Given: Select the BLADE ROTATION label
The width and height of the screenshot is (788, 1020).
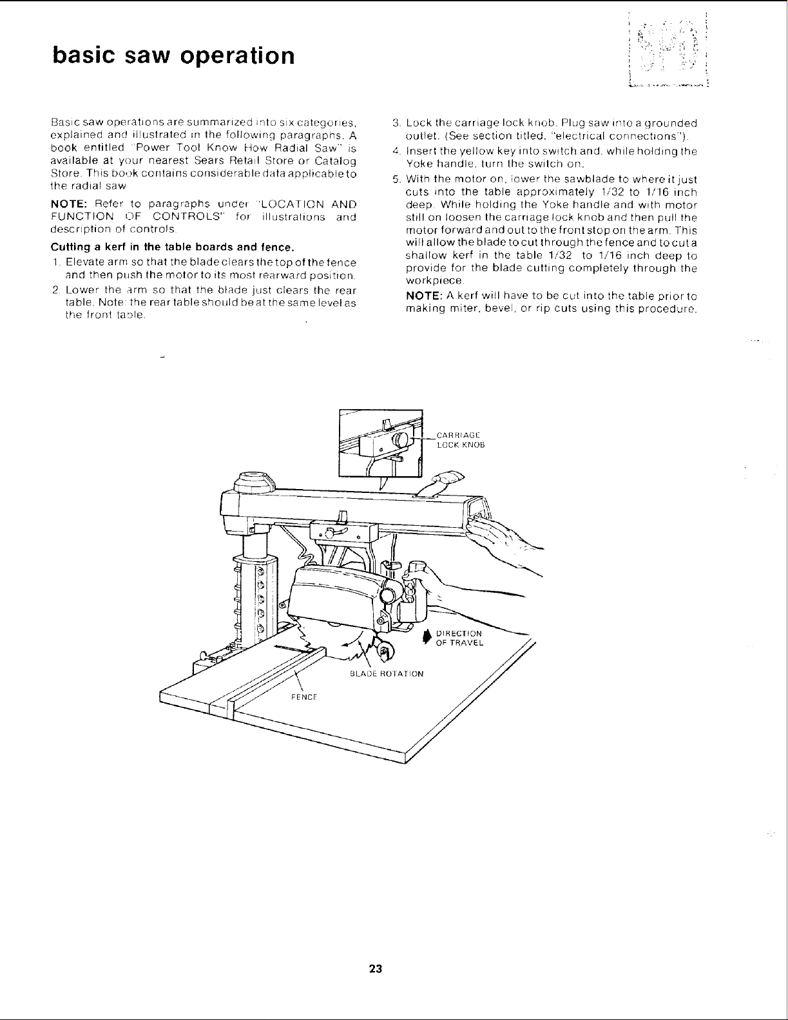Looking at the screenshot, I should [386, 674].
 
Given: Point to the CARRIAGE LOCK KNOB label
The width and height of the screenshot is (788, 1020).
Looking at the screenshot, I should [459, 439].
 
